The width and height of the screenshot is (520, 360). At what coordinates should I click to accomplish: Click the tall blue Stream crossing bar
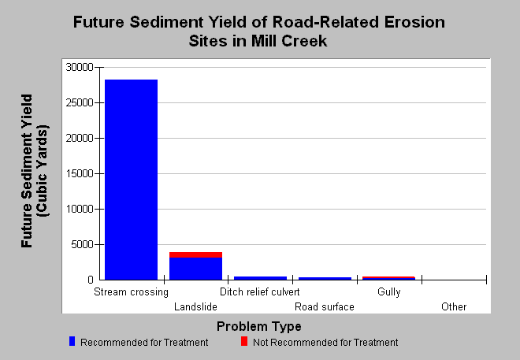coord(131,180)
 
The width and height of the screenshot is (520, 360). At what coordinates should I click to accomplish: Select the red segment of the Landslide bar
coord(195,254)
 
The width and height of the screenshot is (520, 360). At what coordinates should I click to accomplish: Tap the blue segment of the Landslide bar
coord(195,269)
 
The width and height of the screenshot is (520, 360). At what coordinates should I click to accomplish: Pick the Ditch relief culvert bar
coord(260,278)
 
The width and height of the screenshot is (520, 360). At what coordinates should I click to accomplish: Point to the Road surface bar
coord(325,278)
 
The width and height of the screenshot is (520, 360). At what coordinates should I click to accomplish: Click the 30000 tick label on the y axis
coord(80,67)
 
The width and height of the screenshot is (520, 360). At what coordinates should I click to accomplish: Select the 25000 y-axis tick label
coord(80,102)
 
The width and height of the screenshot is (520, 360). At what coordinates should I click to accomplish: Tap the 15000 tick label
coord(80,174)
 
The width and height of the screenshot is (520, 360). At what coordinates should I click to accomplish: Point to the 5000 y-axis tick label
coord(82,245)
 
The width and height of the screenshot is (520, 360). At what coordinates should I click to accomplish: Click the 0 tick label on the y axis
coord(91,280)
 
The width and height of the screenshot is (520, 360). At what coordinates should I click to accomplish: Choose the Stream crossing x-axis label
coord(131,292)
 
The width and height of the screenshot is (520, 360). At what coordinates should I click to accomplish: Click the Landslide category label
coord(195,306)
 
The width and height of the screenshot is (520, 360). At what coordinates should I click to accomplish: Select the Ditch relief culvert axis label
coord(260,291)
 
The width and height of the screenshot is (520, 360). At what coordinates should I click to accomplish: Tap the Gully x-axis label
coord(389,292)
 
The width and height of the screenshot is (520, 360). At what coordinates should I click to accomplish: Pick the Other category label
coord(454,306)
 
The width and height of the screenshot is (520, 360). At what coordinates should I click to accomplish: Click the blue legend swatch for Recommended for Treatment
coord(72,341)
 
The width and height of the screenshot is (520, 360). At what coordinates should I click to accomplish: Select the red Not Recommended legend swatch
coord(244,341)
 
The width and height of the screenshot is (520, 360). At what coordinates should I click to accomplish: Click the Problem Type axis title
coord(259,326)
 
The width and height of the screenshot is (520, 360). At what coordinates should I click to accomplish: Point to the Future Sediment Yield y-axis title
coord(35,171)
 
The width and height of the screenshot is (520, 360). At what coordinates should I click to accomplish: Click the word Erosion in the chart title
coord(414,22)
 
